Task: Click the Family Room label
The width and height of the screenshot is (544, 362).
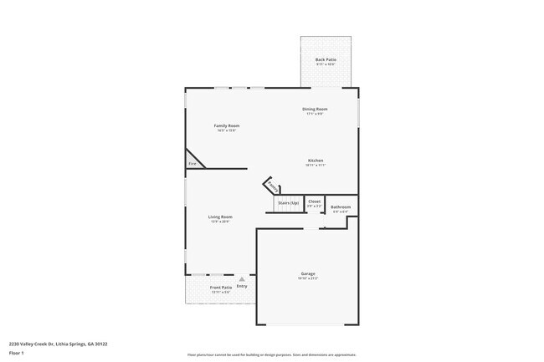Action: pyautogui.click(x=226, y=125)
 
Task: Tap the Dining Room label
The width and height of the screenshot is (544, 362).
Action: pyautogui.click(x=315, y=109)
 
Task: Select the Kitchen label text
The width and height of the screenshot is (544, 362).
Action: pyautogui.click(x=316, y=161)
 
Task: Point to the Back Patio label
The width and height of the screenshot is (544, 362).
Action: pyautogui.click(x=326, y=59)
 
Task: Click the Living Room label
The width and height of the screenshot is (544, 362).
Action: pyautogui.click(x=220, y=217)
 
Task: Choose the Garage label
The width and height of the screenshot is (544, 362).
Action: pyautogui.click(x=308, y=273)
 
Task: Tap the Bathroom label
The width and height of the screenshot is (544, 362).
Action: pyautogui.click(x=340, y=206)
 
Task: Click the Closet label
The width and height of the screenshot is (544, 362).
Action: pyautogui.click(x=315, y=201)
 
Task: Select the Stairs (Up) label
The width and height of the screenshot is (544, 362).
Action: pyautogui.click(x=288, y=202)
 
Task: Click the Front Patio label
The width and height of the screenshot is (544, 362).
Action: pyautogui.click(x=221, y=287)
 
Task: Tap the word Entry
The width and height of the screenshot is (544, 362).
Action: pyautogui.click(x=242, y=287)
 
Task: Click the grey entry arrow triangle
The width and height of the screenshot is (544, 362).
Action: pyautogui.click(x=242, y=279)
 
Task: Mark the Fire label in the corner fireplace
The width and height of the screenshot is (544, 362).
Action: pyautogui.click(x=192, y=164)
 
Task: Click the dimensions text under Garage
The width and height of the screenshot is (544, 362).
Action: pyautogui.click(x=308, y=278)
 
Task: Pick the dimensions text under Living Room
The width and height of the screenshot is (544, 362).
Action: pyautogui.click(x=220, y=222)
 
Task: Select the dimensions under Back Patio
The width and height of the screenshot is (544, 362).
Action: pyautogui.click(x=326, y=64)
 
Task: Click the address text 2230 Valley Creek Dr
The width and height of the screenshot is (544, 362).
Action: pyautogui.click(x=58, y=343)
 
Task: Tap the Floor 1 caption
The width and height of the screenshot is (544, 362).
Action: pyautogui.click(x=16, y=353)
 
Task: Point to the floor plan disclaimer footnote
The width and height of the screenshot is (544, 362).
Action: pyautogui.click(x=272, y=354)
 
